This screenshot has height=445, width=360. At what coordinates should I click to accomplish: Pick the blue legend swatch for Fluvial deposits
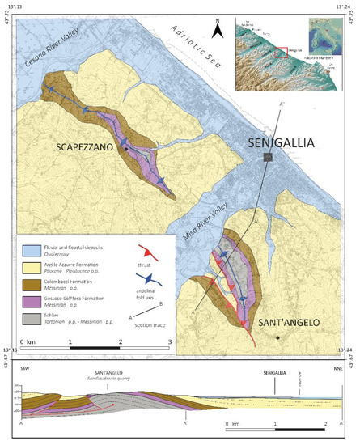coord(31,244)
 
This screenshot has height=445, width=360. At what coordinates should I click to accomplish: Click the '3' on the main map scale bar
coord(169,341)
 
